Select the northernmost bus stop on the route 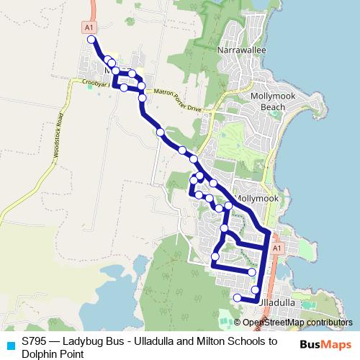91,40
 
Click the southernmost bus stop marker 238,297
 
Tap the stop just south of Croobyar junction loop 142,96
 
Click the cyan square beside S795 10,344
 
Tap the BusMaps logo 325,344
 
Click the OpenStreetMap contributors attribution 297,322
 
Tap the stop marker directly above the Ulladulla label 256,290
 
